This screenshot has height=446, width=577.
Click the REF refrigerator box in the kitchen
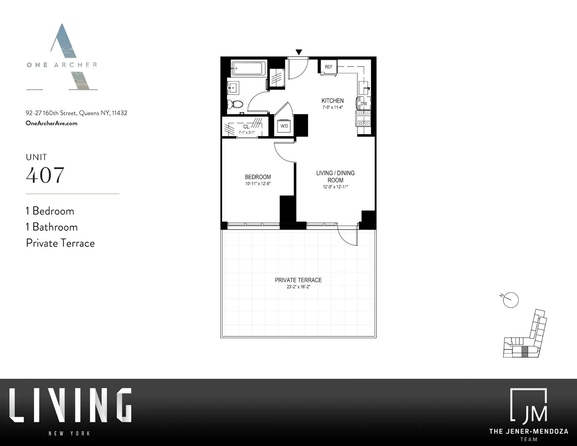[x=328, y=67]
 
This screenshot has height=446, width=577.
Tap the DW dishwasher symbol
[x=364, y=103]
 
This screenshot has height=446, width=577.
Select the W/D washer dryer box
[x=284, y=126]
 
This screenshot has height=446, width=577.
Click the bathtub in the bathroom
[x=249, y=68]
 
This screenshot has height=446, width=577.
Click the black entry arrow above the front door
[x=299, y=52]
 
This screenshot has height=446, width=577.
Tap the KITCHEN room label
[x=332, y=101]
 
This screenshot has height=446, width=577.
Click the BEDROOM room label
[x=258, y=177]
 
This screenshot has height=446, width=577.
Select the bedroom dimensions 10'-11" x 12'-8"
[x=258, y=184]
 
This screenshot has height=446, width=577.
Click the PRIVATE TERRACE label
[x=298, y=280]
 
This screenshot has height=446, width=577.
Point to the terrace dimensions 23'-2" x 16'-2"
[x=298, y=287]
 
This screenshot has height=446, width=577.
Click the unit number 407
[x=45, y=175]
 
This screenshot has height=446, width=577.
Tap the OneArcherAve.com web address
[x=51, y=123]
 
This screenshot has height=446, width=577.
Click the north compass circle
[x=511, y=300]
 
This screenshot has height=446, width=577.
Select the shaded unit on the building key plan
[x=525, y=352]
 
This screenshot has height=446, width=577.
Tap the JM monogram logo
[x=529, y=406]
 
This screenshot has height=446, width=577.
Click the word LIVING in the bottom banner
[x=70, y=405]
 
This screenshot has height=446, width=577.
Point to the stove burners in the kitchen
[x=363, y=119]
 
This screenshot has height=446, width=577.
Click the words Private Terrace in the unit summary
[x=60, y=243]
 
